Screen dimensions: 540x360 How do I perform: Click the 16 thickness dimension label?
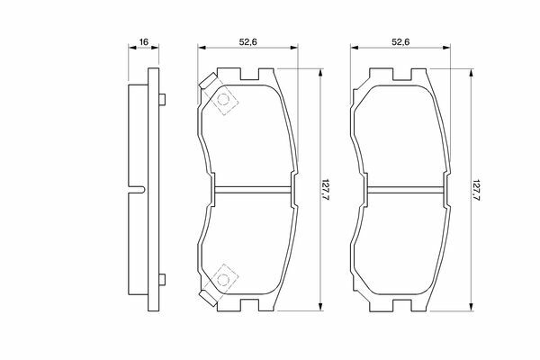[x=144, y=42]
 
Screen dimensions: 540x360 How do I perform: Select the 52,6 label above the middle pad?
[x=248, y=42]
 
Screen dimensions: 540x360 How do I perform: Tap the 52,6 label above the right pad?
[x=400, y=42]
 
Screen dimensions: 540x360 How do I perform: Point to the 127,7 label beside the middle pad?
[x=326, y=190]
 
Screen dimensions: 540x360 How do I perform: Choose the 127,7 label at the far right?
[x=476, y=190]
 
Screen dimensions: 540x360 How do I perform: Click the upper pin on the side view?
[x=162, y=100]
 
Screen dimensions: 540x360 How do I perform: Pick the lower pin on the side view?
[x=162, y=279]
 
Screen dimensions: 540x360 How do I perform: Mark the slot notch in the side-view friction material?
[x=137, y=190]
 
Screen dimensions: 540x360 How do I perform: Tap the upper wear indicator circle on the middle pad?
[x=223, y=100]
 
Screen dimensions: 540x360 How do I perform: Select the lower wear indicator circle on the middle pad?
[x=223, y=279]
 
